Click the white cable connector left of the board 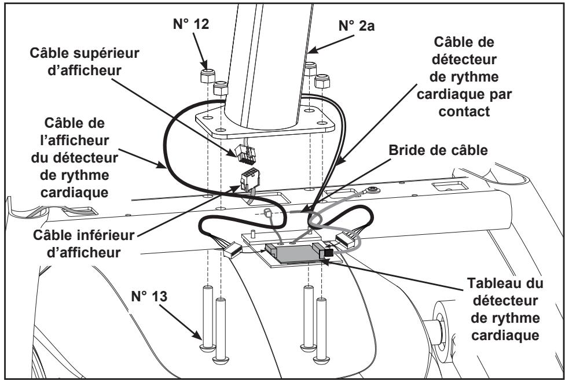tap(230, 251)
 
